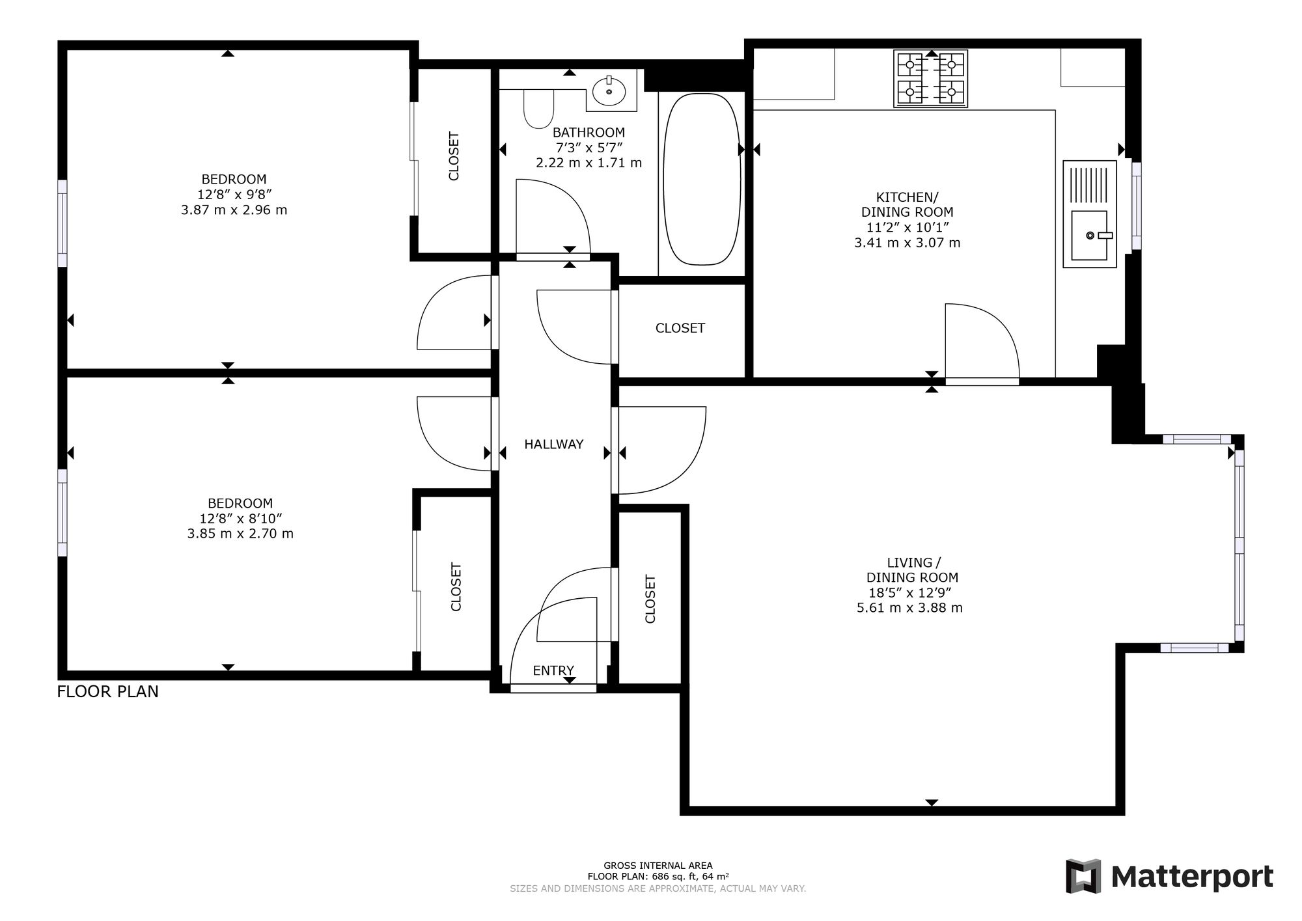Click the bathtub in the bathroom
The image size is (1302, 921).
pos(702,179)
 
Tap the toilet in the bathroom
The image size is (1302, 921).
pos(538,109)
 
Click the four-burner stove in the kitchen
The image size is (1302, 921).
pos(931,79)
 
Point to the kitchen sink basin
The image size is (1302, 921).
pos(1090,235)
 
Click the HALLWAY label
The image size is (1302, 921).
pos(554,445)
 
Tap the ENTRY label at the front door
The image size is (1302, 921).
pos(553,670)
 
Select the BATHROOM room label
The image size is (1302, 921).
pos(589,132)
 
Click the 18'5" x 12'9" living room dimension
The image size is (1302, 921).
pos(910,593)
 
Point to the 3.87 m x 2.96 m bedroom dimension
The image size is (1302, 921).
pos(234,210)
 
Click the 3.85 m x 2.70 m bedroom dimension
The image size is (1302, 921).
pos(240,534)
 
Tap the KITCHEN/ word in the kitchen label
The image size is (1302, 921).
pos(907,197)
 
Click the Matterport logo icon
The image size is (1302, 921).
pos(1083,876)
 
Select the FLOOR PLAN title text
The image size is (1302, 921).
pos(108,691)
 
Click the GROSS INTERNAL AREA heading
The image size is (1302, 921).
pos(658,866)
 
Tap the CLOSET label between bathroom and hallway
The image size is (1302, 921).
pos(680,328)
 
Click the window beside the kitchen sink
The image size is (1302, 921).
pos(1137,206)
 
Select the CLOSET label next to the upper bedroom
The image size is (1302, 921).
pos(454,156)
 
